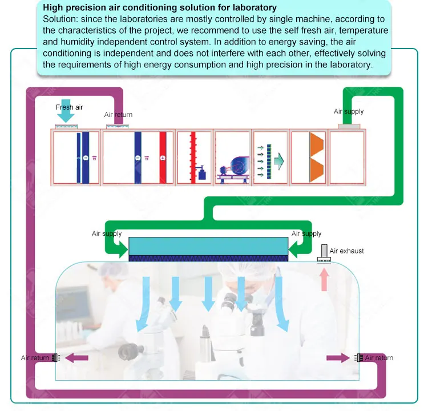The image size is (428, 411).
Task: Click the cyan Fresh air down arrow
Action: pyautogui.click(x=66, y=111)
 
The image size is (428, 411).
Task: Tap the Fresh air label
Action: pyautogui.click(x=69, y=107)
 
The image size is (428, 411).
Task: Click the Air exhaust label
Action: pyautogui.click(x=346, y=251)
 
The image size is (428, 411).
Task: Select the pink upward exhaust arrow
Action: pyautogui.click(x=324, y=280)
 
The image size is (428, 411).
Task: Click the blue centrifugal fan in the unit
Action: pyautogui.click(x=239, y=166)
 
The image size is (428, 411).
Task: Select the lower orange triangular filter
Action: pyautogui.click(x=316, y=170)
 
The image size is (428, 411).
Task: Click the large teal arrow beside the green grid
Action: pyautogui.click(x=279, y=161)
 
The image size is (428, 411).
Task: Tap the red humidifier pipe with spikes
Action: pyautogui.click(x=193, y=158)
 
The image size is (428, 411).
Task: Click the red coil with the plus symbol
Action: pyautogui.click(x=163, y=158)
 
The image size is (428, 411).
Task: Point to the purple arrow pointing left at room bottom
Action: pyautogui.click(x=76, y=357)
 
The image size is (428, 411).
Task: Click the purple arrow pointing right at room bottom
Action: pyautogui.click(x=338, y=357)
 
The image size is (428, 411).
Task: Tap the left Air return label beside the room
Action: pyautogui.click(x=35, y=358)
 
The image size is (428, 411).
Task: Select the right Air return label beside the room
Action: pyautogui.click(x=379, y=358)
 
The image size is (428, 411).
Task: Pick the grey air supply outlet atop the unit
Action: pyautogui.click(x=349, y=127)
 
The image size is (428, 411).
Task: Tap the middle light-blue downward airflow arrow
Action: pyautogui.click(x=208, y=294)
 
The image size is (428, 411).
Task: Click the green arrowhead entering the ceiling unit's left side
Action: pyautogui.click(x=123, y=249)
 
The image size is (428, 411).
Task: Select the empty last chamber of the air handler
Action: pyautogui.click(x=347, y=158)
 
